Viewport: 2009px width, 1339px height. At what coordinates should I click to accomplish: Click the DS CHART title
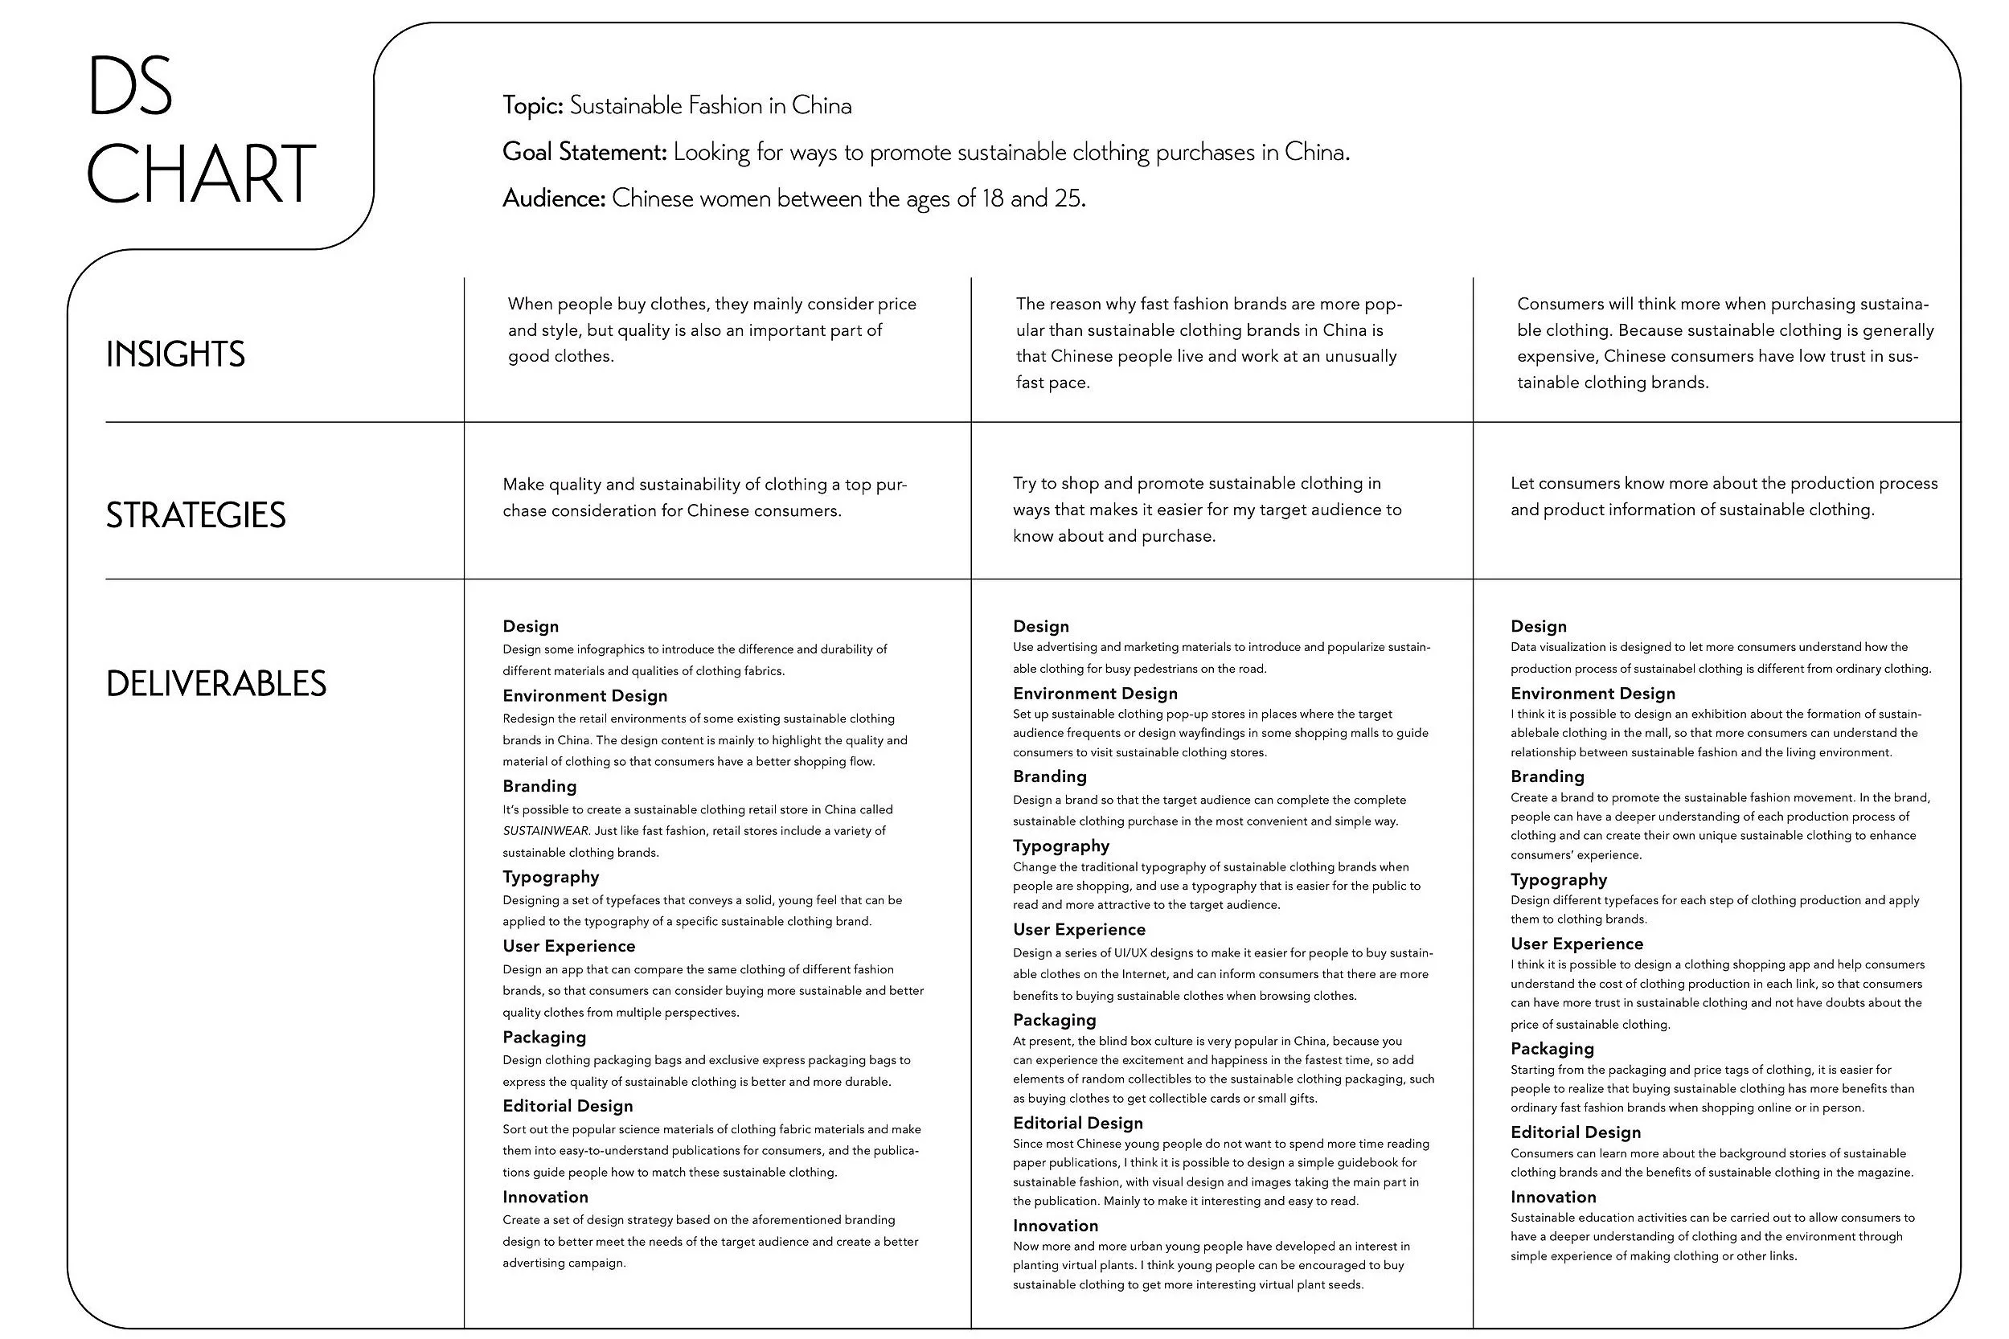(200, 130)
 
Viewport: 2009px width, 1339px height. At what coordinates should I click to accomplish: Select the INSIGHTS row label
(175, 354)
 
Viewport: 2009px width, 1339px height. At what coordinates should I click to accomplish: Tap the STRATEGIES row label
(195, 516)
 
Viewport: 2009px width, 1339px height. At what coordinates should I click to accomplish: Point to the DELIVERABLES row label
(216, 684)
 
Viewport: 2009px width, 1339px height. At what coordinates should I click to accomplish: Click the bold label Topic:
(532, 106)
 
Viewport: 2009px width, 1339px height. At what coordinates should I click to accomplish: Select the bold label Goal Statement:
(584, 152)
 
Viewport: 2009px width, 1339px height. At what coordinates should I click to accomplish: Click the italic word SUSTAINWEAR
(545, 831)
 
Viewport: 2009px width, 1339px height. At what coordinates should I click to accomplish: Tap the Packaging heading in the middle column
(1054, 1020)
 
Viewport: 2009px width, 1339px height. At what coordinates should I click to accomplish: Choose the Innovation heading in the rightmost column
(1553, 1197)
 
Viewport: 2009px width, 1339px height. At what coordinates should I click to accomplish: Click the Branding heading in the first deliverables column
(539, 786)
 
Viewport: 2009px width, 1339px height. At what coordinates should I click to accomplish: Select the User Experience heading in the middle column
(1079, 929)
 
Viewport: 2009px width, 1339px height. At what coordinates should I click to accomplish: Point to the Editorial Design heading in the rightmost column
(1575, 1132)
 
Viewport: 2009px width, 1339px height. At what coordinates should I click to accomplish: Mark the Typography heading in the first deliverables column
(550, 877)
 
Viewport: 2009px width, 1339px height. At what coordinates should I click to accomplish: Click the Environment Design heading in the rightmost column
(1592, 694)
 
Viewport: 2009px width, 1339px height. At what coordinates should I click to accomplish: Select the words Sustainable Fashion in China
(710, 106)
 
